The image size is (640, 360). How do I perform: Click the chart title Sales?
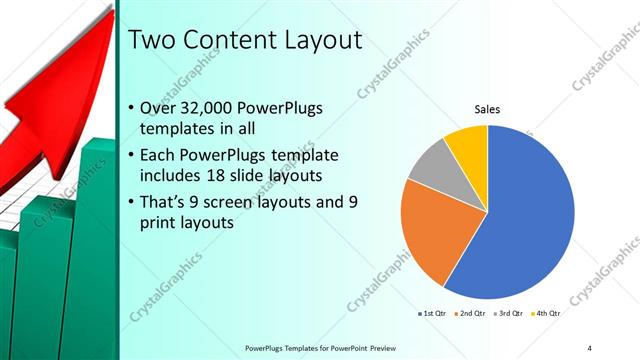click(487, 109)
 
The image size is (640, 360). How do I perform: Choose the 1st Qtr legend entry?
click(432, 314)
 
